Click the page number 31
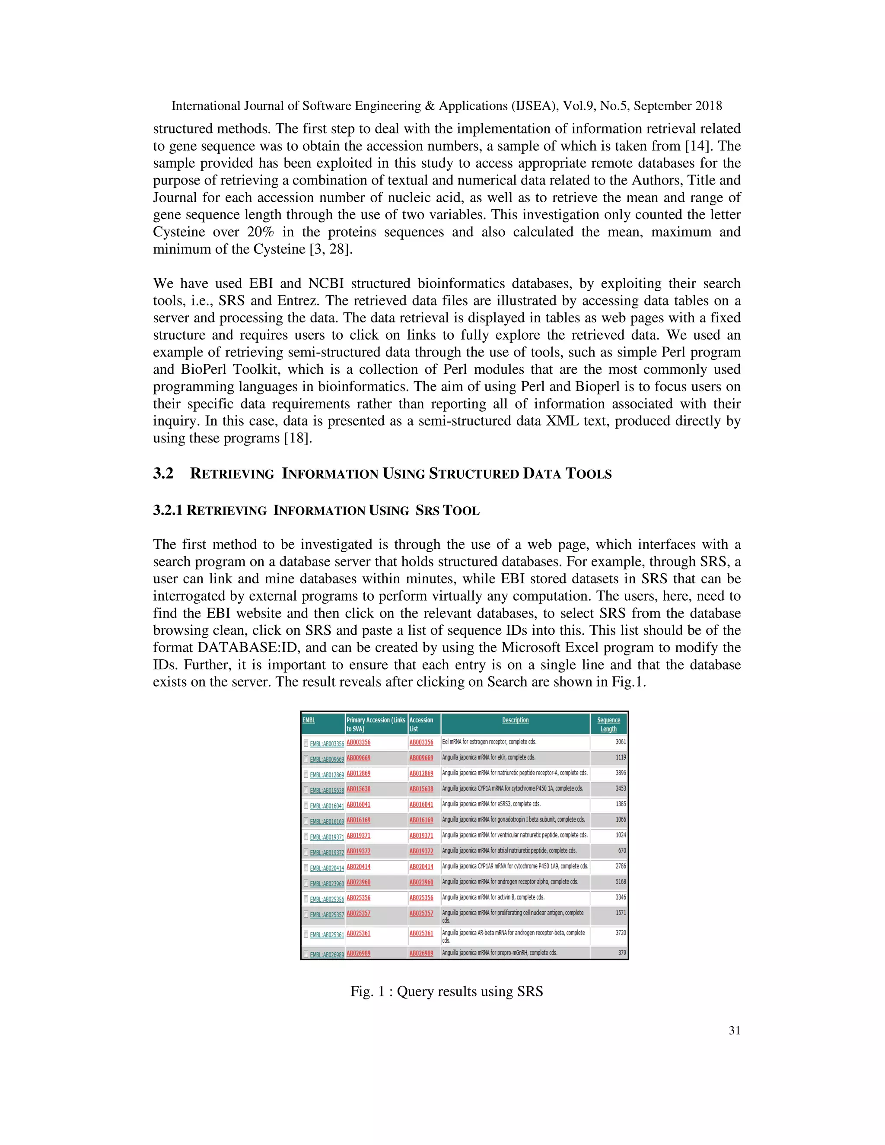click(x=734, y=1030)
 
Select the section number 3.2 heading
click(x=163, y=474)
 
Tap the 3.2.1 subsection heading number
click(x=167, y=511)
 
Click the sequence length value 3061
click(x=620, y=742)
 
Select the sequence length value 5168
click(x=620, y=882)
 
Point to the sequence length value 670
click(x=622, y=850)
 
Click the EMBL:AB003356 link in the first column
click(x=327, y=744)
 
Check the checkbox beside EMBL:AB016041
click(x=306, y=805)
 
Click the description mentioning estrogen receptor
click(x=489, y=742)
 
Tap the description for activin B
click(x=493, y=897)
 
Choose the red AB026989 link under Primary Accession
click(x=358, y=953)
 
